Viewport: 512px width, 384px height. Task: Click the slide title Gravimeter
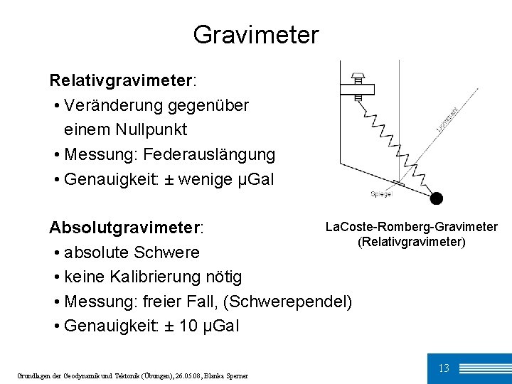(256, 34)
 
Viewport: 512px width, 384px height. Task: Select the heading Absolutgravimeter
(125, 228)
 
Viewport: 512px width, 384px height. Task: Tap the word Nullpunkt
(151, 129)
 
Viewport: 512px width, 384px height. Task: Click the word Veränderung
(114, 105)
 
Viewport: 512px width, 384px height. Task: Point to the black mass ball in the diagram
(436, 198)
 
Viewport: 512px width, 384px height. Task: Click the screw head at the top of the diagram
(358, 75)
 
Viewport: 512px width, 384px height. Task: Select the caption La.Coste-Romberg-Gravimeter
(411, 227)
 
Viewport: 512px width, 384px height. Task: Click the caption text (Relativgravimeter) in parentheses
(411, 242)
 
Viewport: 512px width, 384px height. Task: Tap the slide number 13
(444, 368)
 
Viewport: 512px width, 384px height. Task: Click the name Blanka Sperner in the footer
(229, 375)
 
